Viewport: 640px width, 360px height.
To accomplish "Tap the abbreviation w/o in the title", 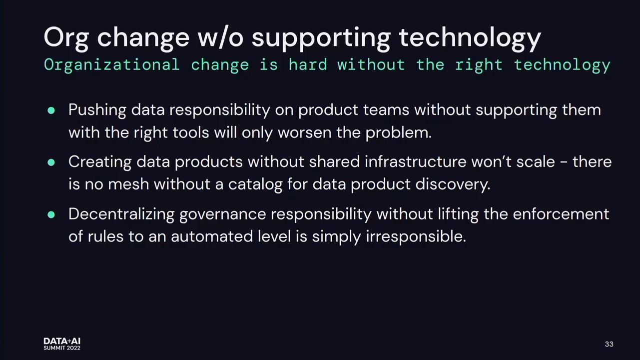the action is tap(220, 37).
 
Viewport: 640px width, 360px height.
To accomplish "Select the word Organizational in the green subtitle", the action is tap(112, 64).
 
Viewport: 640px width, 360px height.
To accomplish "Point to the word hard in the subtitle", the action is tap(308, 64).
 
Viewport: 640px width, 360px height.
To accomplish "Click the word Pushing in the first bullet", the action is tap(97, 110).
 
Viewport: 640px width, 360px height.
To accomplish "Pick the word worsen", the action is tap(304, 133).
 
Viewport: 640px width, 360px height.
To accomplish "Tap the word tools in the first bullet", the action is tap(191, 132).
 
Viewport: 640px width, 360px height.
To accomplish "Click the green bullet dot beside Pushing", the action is tap(51, 110).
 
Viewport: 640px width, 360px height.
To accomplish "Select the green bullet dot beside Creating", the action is tap(51, 162).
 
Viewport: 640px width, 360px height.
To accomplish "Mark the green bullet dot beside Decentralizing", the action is tap(51, 214).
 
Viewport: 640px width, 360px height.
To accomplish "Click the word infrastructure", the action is tap(416, 161).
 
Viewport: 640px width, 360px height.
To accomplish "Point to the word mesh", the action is tap(128, 184).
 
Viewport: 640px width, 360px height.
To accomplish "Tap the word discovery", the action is tap(453, 184).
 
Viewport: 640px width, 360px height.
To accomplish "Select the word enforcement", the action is tap(561, 214).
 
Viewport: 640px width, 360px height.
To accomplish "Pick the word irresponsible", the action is tap(416, 237).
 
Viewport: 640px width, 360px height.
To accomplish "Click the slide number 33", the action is tap(609, 344).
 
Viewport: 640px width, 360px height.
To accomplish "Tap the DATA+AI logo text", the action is tap(62, 341).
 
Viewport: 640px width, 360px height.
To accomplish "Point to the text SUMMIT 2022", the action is tap(62, 348).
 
